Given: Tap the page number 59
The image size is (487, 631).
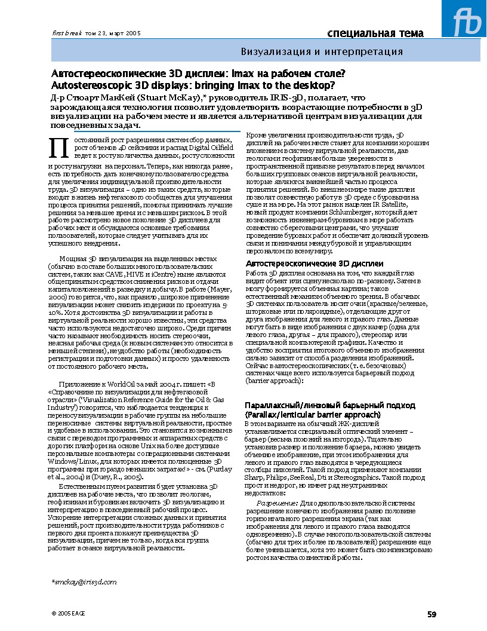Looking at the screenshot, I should [x=431, y=614].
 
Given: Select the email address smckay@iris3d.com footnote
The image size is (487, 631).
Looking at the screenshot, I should [x=84, y=581].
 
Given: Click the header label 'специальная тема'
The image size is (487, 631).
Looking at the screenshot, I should [x=375, y=33].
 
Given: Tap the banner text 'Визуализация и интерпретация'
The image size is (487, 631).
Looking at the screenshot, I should [x=322, y=52].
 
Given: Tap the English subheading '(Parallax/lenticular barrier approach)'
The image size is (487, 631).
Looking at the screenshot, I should [x=313, y=414].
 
